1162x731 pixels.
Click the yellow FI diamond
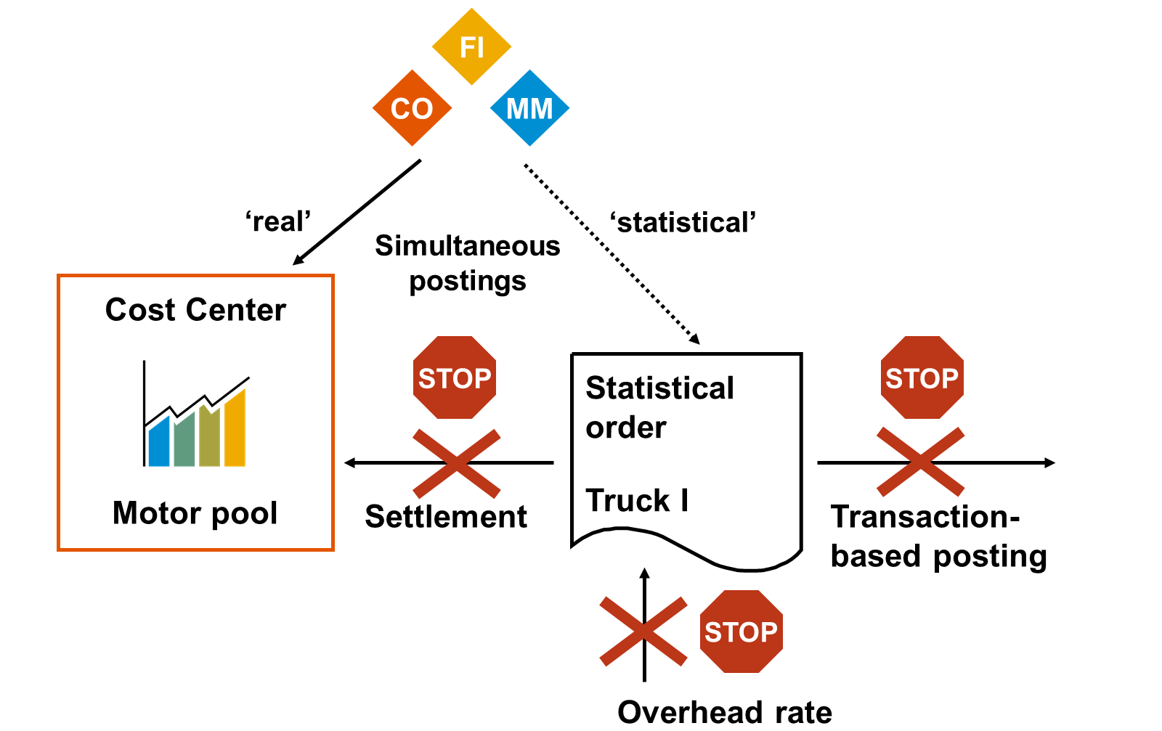click(x=471, y=47)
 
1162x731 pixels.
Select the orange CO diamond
click(x=412, y=108)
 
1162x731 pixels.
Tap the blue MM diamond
click(x=529, y=108)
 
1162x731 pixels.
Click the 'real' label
click(x=278, y=221)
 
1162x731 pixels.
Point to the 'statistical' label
click(x=683, y=222)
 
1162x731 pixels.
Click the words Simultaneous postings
click(x=467, y=263)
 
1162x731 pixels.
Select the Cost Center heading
click(x=195, y=310)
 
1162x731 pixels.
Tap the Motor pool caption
click(x=195, y=513)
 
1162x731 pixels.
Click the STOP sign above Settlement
click(x=455, y=377)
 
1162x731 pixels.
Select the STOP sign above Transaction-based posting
click(x=922, y=377)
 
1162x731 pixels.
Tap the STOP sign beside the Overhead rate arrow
click(x=741, y=632)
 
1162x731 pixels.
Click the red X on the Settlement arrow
click(x=456, y=463)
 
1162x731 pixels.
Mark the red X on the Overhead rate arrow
click(x=643, y=632)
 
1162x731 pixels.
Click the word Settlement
click(x=446, y=517)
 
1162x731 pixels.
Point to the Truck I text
click(x=637, y=500)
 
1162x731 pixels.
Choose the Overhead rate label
click(x=724, y=712)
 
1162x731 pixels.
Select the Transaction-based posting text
click(x=938, y=536)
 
